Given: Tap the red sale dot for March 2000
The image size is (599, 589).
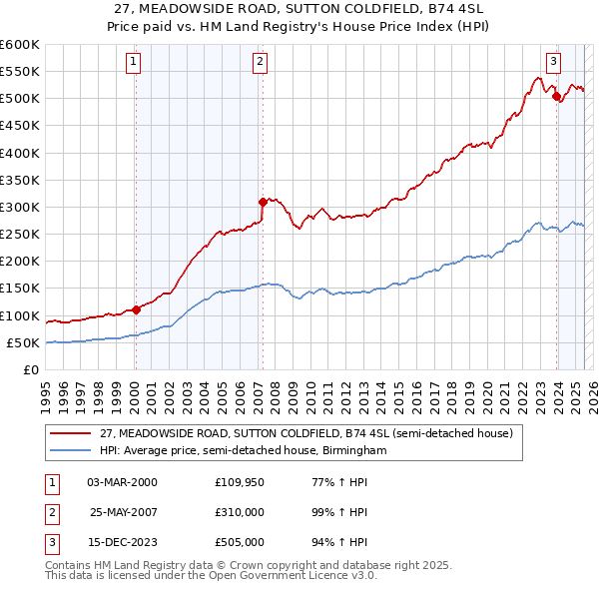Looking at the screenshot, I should click(x=136, y=309).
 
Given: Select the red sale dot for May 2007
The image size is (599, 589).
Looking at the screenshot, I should click(x=263, y=202).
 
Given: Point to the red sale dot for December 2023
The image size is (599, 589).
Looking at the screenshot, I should click(x=556, y=96).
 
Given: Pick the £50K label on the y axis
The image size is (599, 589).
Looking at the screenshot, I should click(x=23, y=342).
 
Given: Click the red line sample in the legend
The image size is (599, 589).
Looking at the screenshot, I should click(x=71, y=433).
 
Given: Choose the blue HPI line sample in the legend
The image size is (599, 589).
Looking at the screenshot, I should click(x=71, y=451).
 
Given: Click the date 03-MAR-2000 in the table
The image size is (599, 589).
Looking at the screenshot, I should click(x=122, y=482).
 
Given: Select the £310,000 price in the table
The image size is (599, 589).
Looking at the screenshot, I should click(x=239, y=512).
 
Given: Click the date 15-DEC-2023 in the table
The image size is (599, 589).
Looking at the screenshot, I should click(x=122, y=542).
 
